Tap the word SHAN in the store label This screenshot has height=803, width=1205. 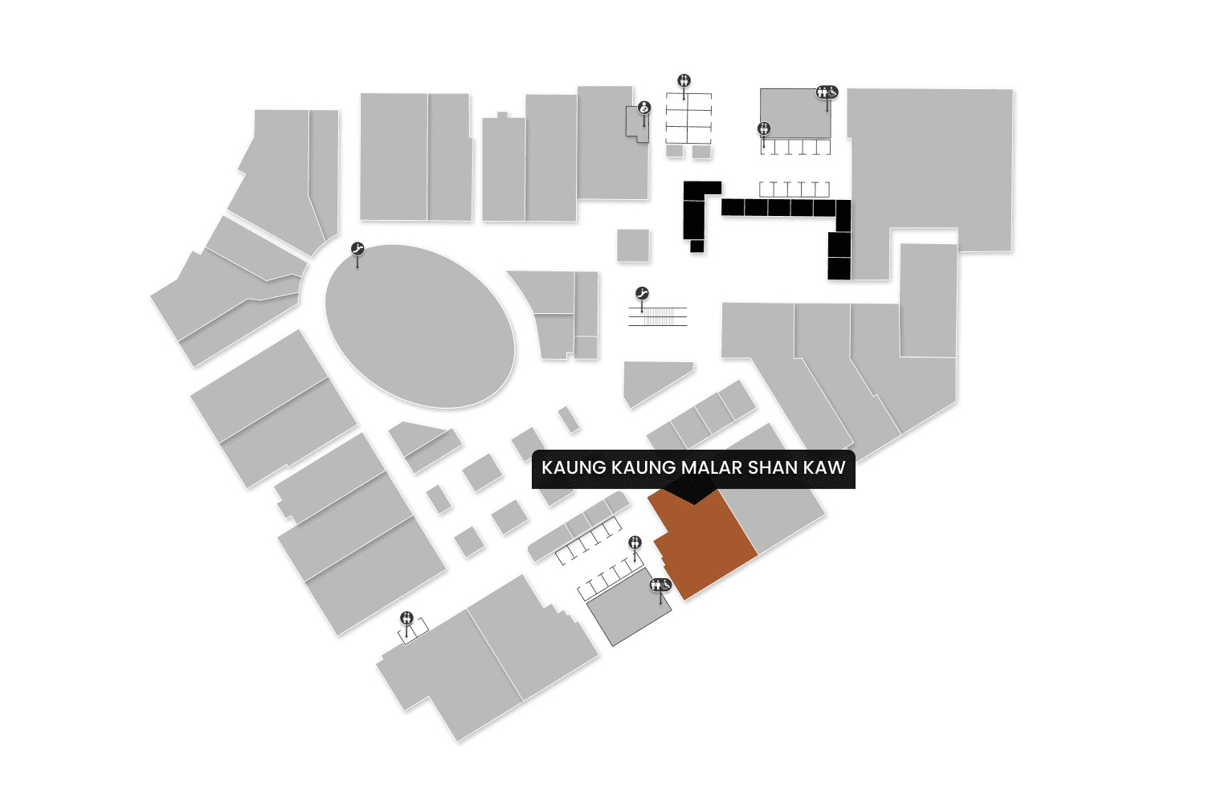tap(772, 467)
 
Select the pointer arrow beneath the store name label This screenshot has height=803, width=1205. tap(693, 495)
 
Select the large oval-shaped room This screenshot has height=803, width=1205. tap(419, 325)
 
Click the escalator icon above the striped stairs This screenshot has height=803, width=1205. tap(642, 294)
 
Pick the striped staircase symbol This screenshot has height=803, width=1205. tap(658, 316)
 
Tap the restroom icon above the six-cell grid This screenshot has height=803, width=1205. tap(684, 80)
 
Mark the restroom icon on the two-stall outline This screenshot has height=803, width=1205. tap(406, 618)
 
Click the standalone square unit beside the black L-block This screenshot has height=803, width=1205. tap(633, 245)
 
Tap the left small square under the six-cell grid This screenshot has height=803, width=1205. tap(675, 151)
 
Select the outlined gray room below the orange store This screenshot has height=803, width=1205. tap(629, 610)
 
